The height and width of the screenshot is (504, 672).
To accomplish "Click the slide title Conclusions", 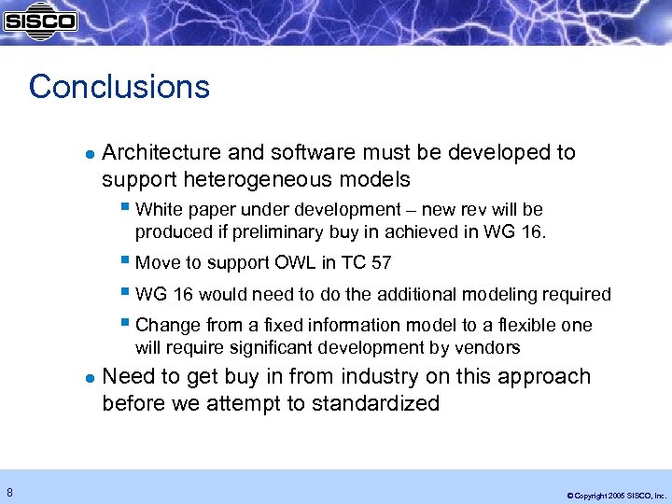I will (119, 87).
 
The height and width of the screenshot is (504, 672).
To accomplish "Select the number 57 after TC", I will (380, 262).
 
